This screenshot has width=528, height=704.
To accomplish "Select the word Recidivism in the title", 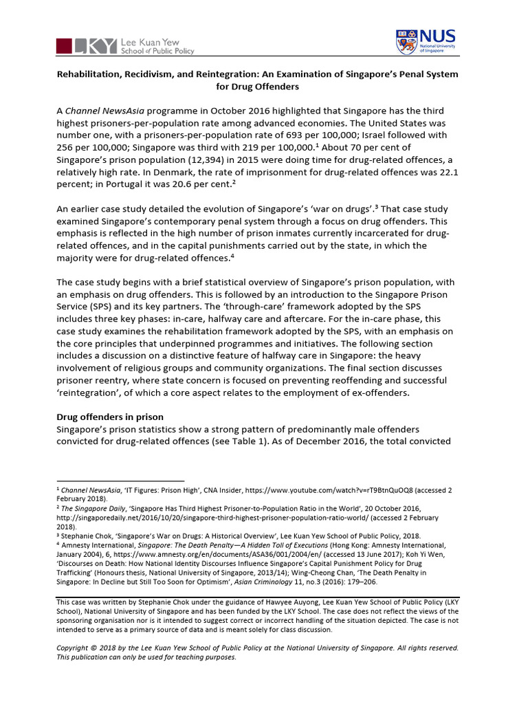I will tap(157, 74).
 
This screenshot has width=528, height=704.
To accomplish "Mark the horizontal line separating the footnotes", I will tap(120, 481).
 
